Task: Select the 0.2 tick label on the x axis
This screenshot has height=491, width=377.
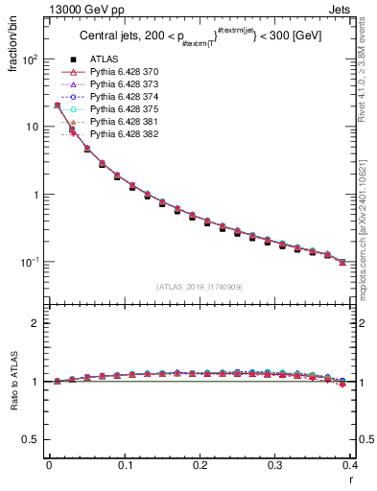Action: click(200, 466)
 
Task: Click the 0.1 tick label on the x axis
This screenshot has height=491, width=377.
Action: click(124, 466)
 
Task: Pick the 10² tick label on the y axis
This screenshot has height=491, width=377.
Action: click(30, 59)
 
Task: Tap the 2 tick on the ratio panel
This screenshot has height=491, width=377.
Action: click(35, 323)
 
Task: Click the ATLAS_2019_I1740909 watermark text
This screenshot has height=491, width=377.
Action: click(200, 287)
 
